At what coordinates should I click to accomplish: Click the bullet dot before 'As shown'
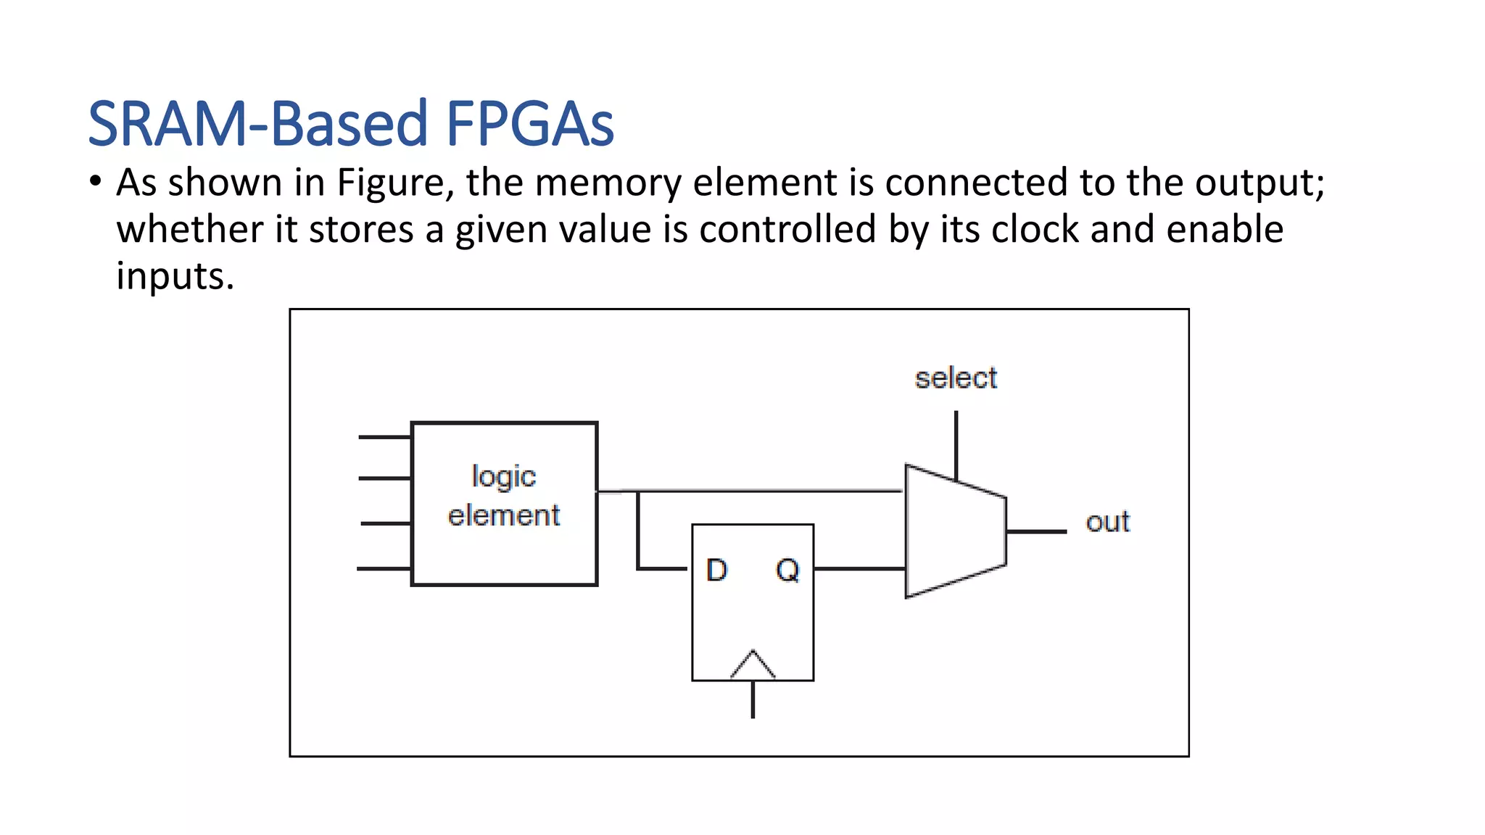point(96,181)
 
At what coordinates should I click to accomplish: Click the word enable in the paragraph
point(1225,229)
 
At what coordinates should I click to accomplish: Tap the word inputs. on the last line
point(175,276)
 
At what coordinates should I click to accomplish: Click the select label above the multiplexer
point(956,378)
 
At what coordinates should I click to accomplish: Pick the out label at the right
point(1107,523)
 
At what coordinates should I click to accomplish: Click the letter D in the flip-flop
point(716,570)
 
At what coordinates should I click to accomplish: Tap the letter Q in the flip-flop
point(787,570)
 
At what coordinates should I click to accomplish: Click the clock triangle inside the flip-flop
point(753,665)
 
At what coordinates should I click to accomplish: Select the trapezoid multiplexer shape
point(954,531)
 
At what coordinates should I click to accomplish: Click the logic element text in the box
point(504,496)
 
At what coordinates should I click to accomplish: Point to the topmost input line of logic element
point(385,437)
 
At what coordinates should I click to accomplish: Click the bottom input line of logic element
point(384,569)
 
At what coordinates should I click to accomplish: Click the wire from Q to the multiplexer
point(859,569)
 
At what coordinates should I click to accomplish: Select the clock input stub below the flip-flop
point(753,699)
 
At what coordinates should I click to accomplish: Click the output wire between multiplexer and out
point(1035,532)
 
